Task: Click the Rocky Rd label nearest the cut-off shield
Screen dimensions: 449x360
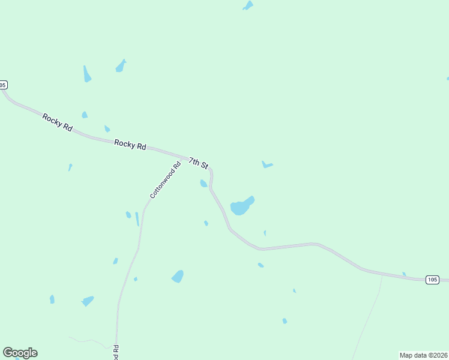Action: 58,119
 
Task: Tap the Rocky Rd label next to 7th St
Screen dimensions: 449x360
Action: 130,145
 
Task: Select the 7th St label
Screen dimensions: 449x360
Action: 198,163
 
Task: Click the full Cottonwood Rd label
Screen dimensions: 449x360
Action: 165,181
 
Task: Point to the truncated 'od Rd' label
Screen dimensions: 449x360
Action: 116,352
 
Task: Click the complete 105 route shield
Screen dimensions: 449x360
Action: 432,280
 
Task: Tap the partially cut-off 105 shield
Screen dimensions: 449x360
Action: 3,85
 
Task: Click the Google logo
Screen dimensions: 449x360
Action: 20,353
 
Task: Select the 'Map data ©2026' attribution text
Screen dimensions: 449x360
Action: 424,355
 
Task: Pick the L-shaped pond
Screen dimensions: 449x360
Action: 267,165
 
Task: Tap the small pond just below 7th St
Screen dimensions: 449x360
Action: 203,183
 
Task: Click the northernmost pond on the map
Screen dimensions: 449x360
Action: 248,5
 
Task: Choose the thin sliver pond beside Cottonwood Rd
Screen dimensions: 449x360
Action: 137,219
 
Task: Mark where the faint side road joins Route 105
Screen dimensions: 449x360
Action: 382,275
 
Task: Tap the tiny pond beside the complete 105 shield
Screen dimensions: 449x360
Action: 404,274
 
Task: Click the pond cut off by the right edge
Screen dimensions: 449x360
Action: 447,78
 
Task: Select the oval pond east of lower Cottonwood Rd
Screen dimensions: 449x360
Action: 178,276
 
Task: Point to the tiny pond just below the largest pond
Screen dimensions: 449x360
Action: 265,233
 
